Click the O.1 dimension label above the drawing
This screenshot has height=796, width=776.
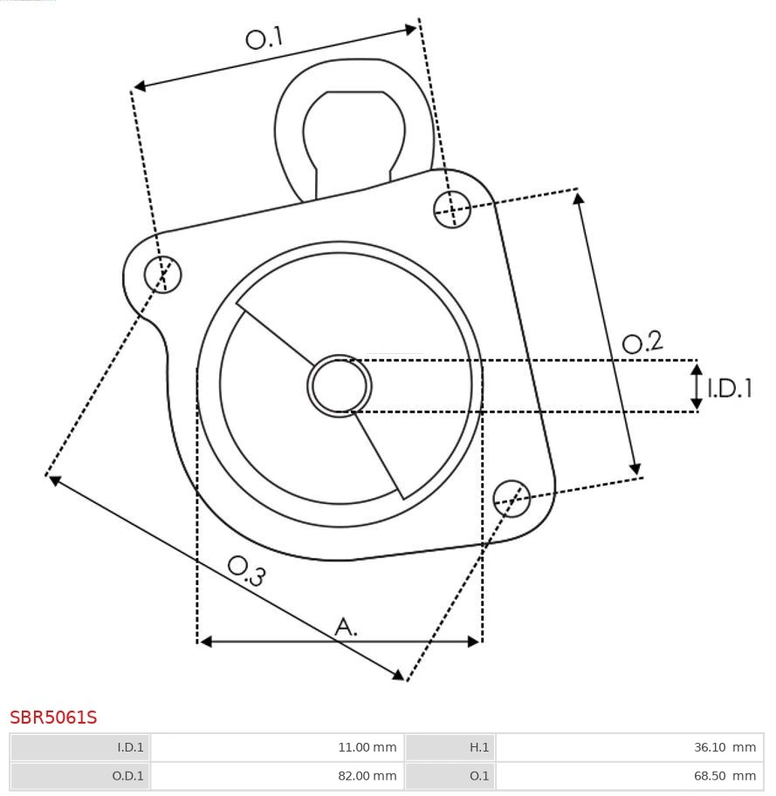[264, 37]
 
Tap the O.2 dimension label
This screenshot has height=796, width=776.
[642, 343]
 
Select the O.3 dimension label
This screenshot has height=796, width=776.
[246, 571]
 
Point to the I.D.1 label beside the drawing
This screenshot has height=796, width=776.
[729, 388]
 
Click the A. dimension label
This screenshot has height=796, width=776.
[346, 627]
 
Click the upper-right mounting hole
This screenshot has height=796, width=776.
[452, 209]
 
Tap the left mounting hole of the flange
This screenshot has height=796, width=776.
[162, 274]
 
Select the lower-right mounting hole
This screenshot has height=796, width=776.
[512, 499]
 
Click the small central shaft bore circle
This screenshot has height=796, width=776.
[340, 386]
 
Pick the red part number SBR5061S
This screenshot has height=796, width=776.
[53, 718]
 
